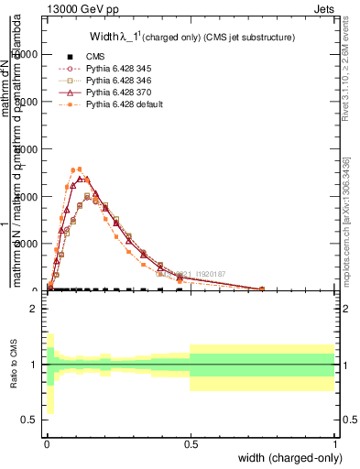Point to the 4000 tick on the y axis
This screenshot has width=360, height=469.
point(35,197)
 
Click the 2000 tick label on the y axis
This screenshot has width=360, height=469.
point(35,245)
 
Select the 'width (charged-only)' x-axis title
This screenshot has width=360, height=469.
point(290,458)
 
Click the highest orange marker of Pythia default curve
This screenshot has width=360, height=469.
point(80,169)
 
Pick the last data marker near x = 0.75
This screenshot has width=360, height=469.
point(262,289)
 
